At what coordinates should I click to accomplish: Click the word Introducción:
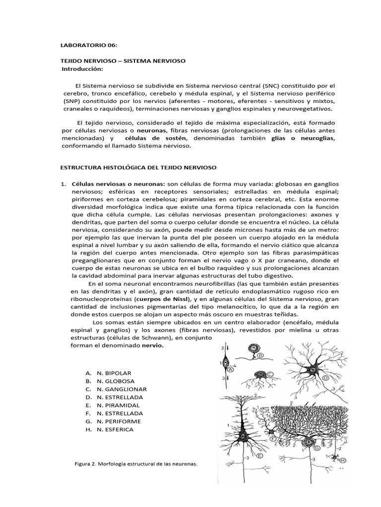pos(82,68)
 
